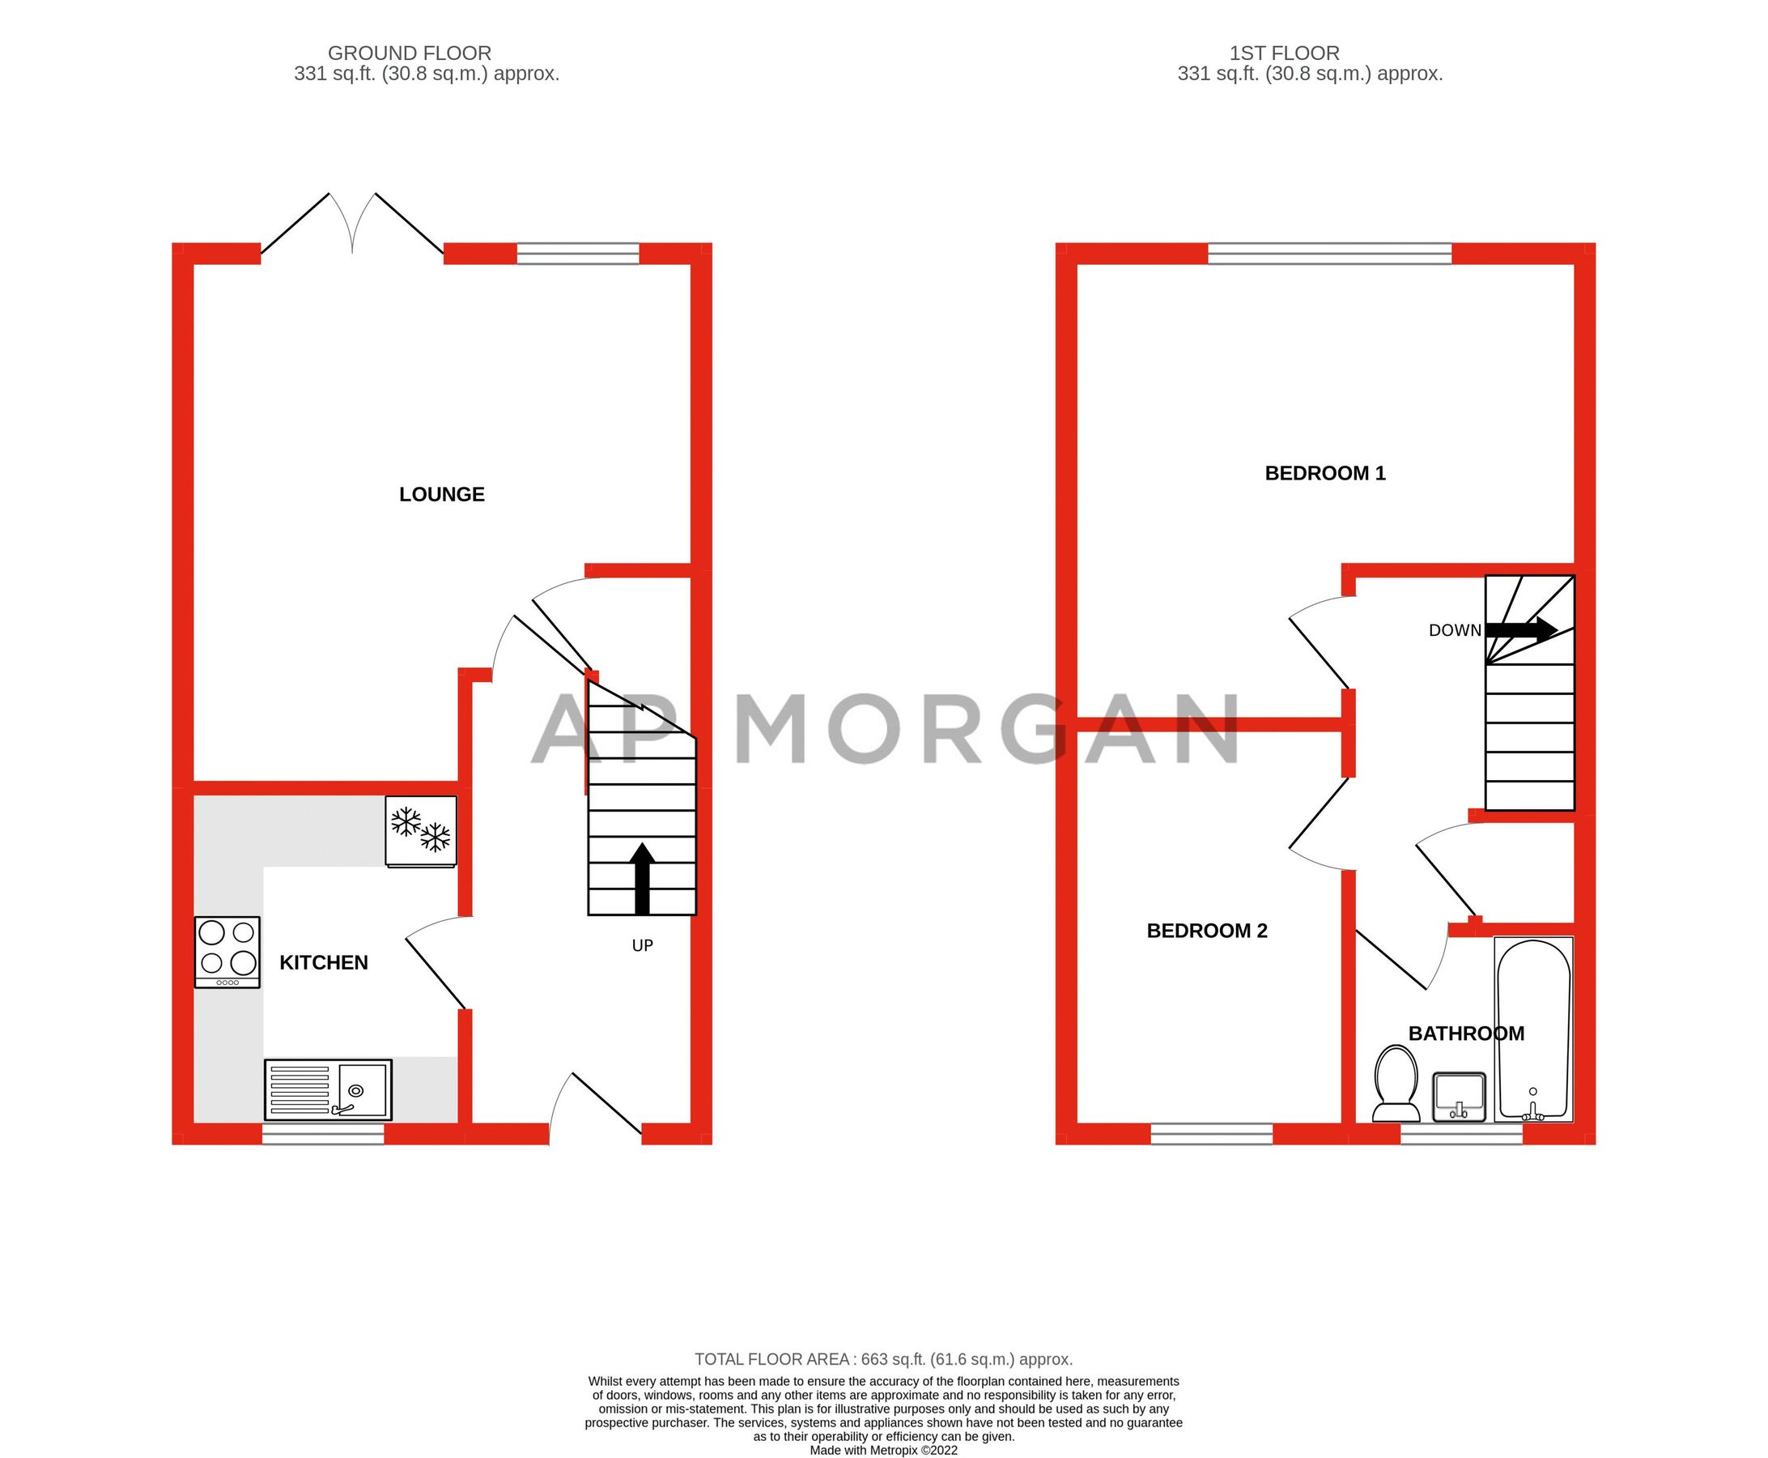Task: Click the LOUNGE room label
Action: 441,495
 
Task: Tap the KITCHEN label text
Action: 323,962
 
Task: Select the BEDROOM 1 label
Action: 1324,474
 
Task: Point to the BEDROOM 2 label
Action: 1206,931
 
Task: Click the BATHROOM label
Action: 1466,1034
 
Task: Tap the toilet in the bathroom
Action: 1396,1084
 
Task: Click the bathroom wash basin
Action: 1459,1097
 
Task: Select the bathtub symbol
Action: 1533,1029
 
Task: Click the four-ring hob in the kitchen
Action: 227,952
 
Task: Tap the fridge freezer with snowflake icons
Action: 421,830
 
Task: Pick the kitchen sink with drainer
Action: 328,1089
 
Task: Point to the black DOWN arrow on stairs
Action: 1521,630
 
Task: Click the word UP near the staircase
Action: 642,946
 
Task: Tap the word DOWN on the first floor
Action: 1455,631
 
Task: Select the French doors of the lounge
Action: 352,225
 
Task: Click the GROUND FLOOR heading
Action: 409,53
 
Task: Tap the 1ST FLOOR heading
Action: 1285,53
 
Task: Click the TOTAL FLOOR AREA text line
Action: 883,1359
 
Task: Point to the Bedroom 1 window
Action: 1330,253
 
